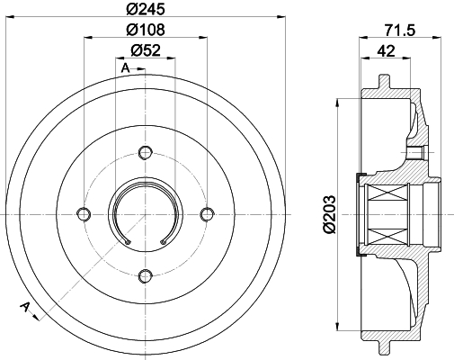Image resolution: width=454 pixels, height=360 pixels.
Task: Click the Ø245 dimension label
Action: click(x=146, y=9)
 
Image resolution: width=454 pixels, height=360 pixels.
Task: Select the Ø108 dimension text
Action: click(x=146, y=30)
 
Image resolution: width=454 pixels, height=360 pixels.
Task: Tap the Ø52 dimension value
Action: click(x=146, y=50)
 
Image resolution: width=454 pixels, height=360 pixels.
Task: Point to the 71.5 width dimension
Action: click(x=400, y=31)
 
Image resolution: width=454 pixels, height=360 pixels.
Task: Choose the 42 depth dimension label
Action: click(x=386, y=51)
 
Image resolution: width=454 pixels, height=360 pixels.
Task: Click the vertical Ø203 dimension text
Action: click(x=329, y=213)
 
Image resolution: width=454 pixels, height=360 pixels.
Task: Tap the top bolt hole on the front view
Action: click(x=146, y=152)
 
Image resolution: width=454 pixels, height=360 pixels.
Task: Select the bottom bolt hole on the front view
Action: click(x=146, y=275)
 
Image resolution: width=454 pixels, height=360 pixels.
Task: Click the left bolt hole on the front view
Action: click(x=84, y=214)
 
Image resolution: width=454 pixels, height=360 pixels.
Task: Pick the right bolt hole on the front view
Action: click(x=207, y=214)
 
